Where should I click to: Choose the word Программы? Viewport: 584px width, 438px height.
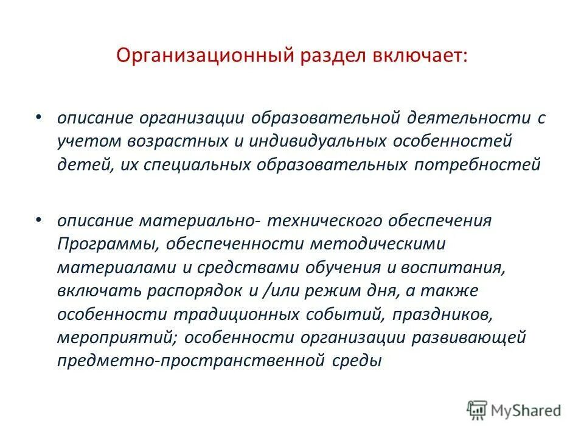coord(101,244)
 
